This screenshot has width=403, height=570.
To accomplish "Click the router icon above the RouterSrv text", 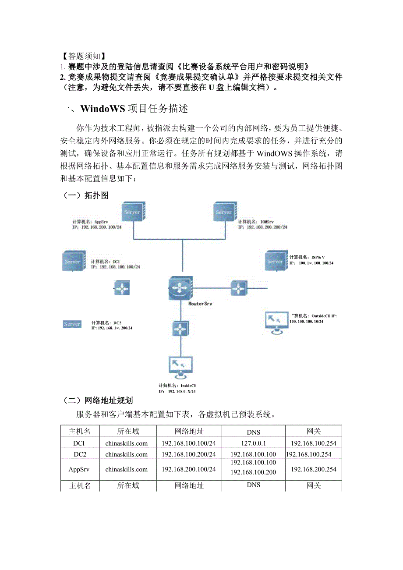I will pos(180,287).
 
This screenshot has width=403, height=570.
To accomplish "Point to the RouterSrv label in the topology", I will pos(200,304).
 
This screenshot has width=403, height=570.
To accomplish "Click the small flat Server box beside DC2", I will pos(72,324).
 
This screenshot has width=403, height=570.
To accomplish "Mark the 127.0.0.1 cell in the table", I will pos(253,443).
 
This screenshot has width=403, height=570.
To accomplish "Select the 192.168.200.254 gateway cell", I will pos(313,469).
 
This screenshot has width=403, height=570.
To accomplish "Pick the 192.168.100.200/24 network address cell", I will pos(189,454).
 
